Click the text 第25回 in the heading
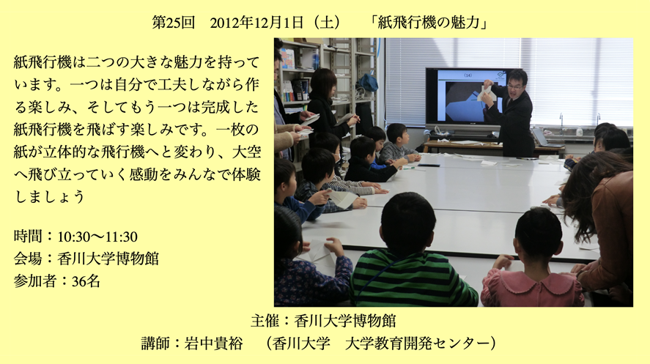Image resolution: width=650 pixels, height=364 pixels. pos(173,22)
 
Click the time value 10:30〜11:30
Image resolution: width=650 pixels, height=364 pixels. pos(97,237)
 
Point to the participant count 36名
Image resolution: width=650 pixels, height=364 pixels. pos(86,281)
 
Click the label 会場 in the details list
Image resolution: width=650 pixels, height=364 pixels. pos(28,259)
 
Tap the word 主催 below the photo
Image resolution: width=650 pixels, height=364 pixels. pos(265,321)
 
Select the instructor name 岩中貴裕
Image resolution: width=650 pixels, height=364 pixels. pos(213,343)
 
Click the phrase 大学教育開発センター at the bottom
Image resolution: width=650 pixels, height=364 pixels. pos(417,343)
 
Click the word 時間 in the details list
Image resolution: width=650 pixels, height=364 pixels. pos(28,237)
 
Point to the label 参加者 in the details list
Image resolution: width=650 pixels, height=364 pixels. pos(35,281)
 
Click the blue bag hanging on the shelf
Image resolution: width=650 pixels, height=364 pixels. pos(368,82)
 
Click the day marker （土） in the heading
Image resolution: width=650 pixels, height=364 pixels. pos(327,22)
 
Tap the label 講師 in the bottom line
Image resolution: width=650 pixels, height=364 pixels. pos(155,343)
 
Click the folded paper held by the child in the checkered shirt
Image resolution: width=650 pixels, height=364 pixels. pos(342,198)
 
